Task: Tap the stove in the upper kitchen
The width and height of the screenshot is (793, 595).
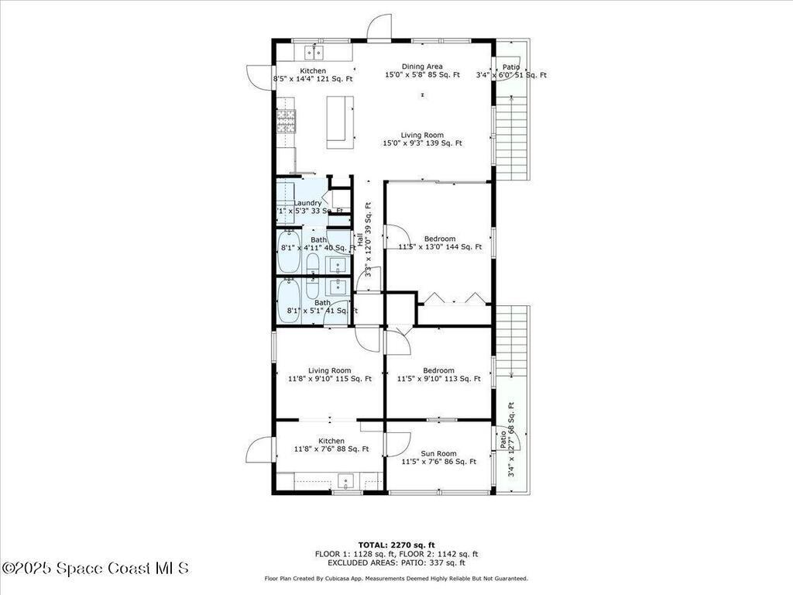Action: (x=286, y=122)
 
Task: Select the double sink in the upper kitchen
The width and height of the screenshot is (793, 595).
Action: (x=314, y=52)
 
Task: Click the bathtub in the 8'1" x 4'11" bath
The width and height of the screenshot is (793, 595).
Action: (x=288, y=252)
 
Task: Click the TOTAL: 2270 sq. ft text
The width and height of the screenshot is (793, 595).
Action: (x=396, y=545)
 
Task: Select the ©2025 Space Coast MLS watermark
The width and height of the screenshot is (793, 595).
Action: (x=95, y=568)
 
